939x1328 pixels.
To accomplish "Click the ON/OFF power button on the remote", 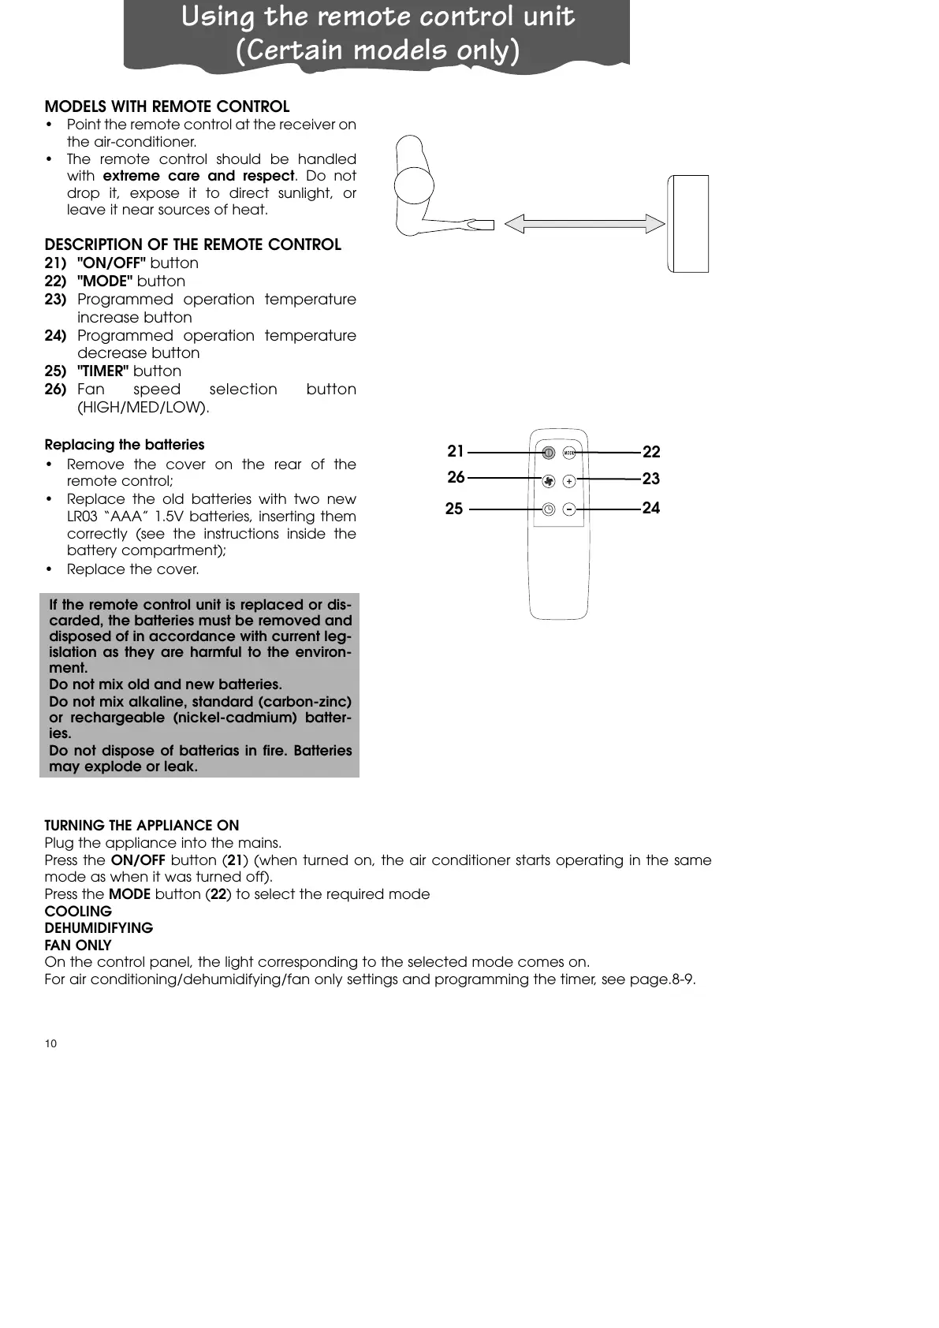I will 548,453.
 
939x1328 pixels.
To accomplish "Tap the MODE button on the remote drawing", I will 569,453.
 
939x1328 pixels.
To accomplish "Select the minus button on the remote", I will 569,509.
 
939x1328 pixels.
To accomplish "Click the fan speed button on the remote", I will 549,480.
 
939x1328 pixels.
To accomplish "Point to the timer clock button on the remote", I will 549,509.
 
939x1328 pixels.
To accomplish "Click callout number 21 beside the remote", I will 456,451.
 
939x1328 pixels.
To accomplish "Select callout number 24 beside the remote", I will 650,508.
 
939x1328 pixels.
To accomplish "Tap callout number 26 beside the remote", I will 456,477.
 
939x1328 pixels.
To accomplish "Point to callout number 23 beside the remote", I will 650,479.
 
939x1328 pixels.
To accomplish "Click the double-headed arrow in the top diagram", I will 584,224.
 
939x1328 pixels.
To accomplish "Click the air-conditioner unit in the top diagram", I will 687,224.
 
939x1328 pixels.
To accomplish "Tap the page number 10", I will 50,1043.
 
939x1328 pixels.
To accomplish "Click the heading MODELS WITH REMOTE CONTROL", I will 167,106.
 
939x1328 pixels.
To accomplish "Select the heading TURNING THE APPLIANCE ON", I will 142,826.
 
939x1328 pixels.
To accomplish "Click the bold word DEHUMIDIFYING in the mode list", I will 99,928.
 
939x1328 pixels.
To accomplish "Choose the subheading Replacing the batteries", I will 125,445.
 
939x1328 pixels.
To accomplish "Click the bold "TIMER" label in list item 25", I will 103,371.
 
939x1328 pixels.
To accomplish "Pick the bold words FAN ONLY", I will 78,945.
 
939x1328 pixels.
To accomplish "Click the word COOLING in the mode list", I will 78,911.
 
